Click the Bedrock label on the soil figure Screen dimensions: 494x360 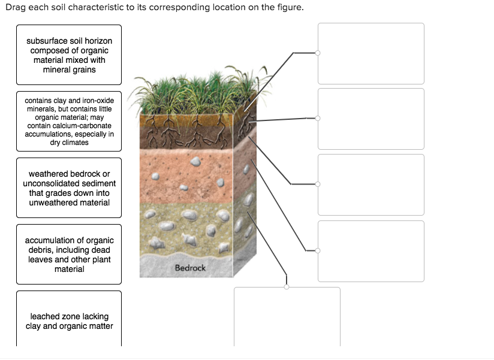pyautogui.click(x=190, y=268)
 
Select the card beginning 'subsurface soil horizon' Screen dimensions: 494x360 pyautogui.click(x=69, y=55)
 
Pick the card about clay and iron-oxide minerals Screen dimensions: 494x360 pyautogui.click(x=69, y=121)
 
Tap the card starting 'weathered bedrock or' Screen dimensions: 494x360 pyautogui.click(x=69, y=188)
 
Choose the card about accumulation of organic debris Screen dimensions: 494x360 pyautogui.click(x=69, y=254)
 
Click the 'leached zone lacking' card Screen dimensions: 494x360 pyautogui.click(x=69, y=319)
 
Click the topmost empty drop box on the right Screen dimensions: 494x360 pyautogui.click(x=371, y=53)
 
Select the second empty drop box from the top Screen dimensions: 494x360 pyautogui.click(x=371, y=119)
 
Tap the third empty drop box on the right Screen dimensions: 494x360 pyautogui.click(x=371, y=184)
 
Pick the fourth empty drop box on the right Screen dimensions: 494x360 pyautogui.click(x=371, y=251)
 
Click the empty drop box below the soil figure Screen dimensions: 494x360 pyautogui.click(x=287, y=317)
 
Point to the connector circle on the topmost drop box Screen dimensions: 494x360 pyautogui.click(x=318, y=53)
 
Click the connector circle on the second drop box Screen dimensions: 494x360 pyautogui.click(x=318, y=119)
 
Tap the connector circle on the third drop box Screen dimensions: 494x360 pyautogui.click(x=318, y=184)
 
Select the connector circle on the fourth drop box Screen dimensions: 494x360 pyautogui.click(x=318, y=250)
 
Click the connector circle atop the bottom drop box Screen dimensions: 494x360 pyautogui.click(x=287, y=287)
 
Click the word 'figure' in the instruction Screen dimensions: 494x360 pyautogui.click(x=290, y=7)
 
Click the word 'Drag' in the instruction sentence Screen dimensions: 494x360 pyautogui.click(x=16, y=7)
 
